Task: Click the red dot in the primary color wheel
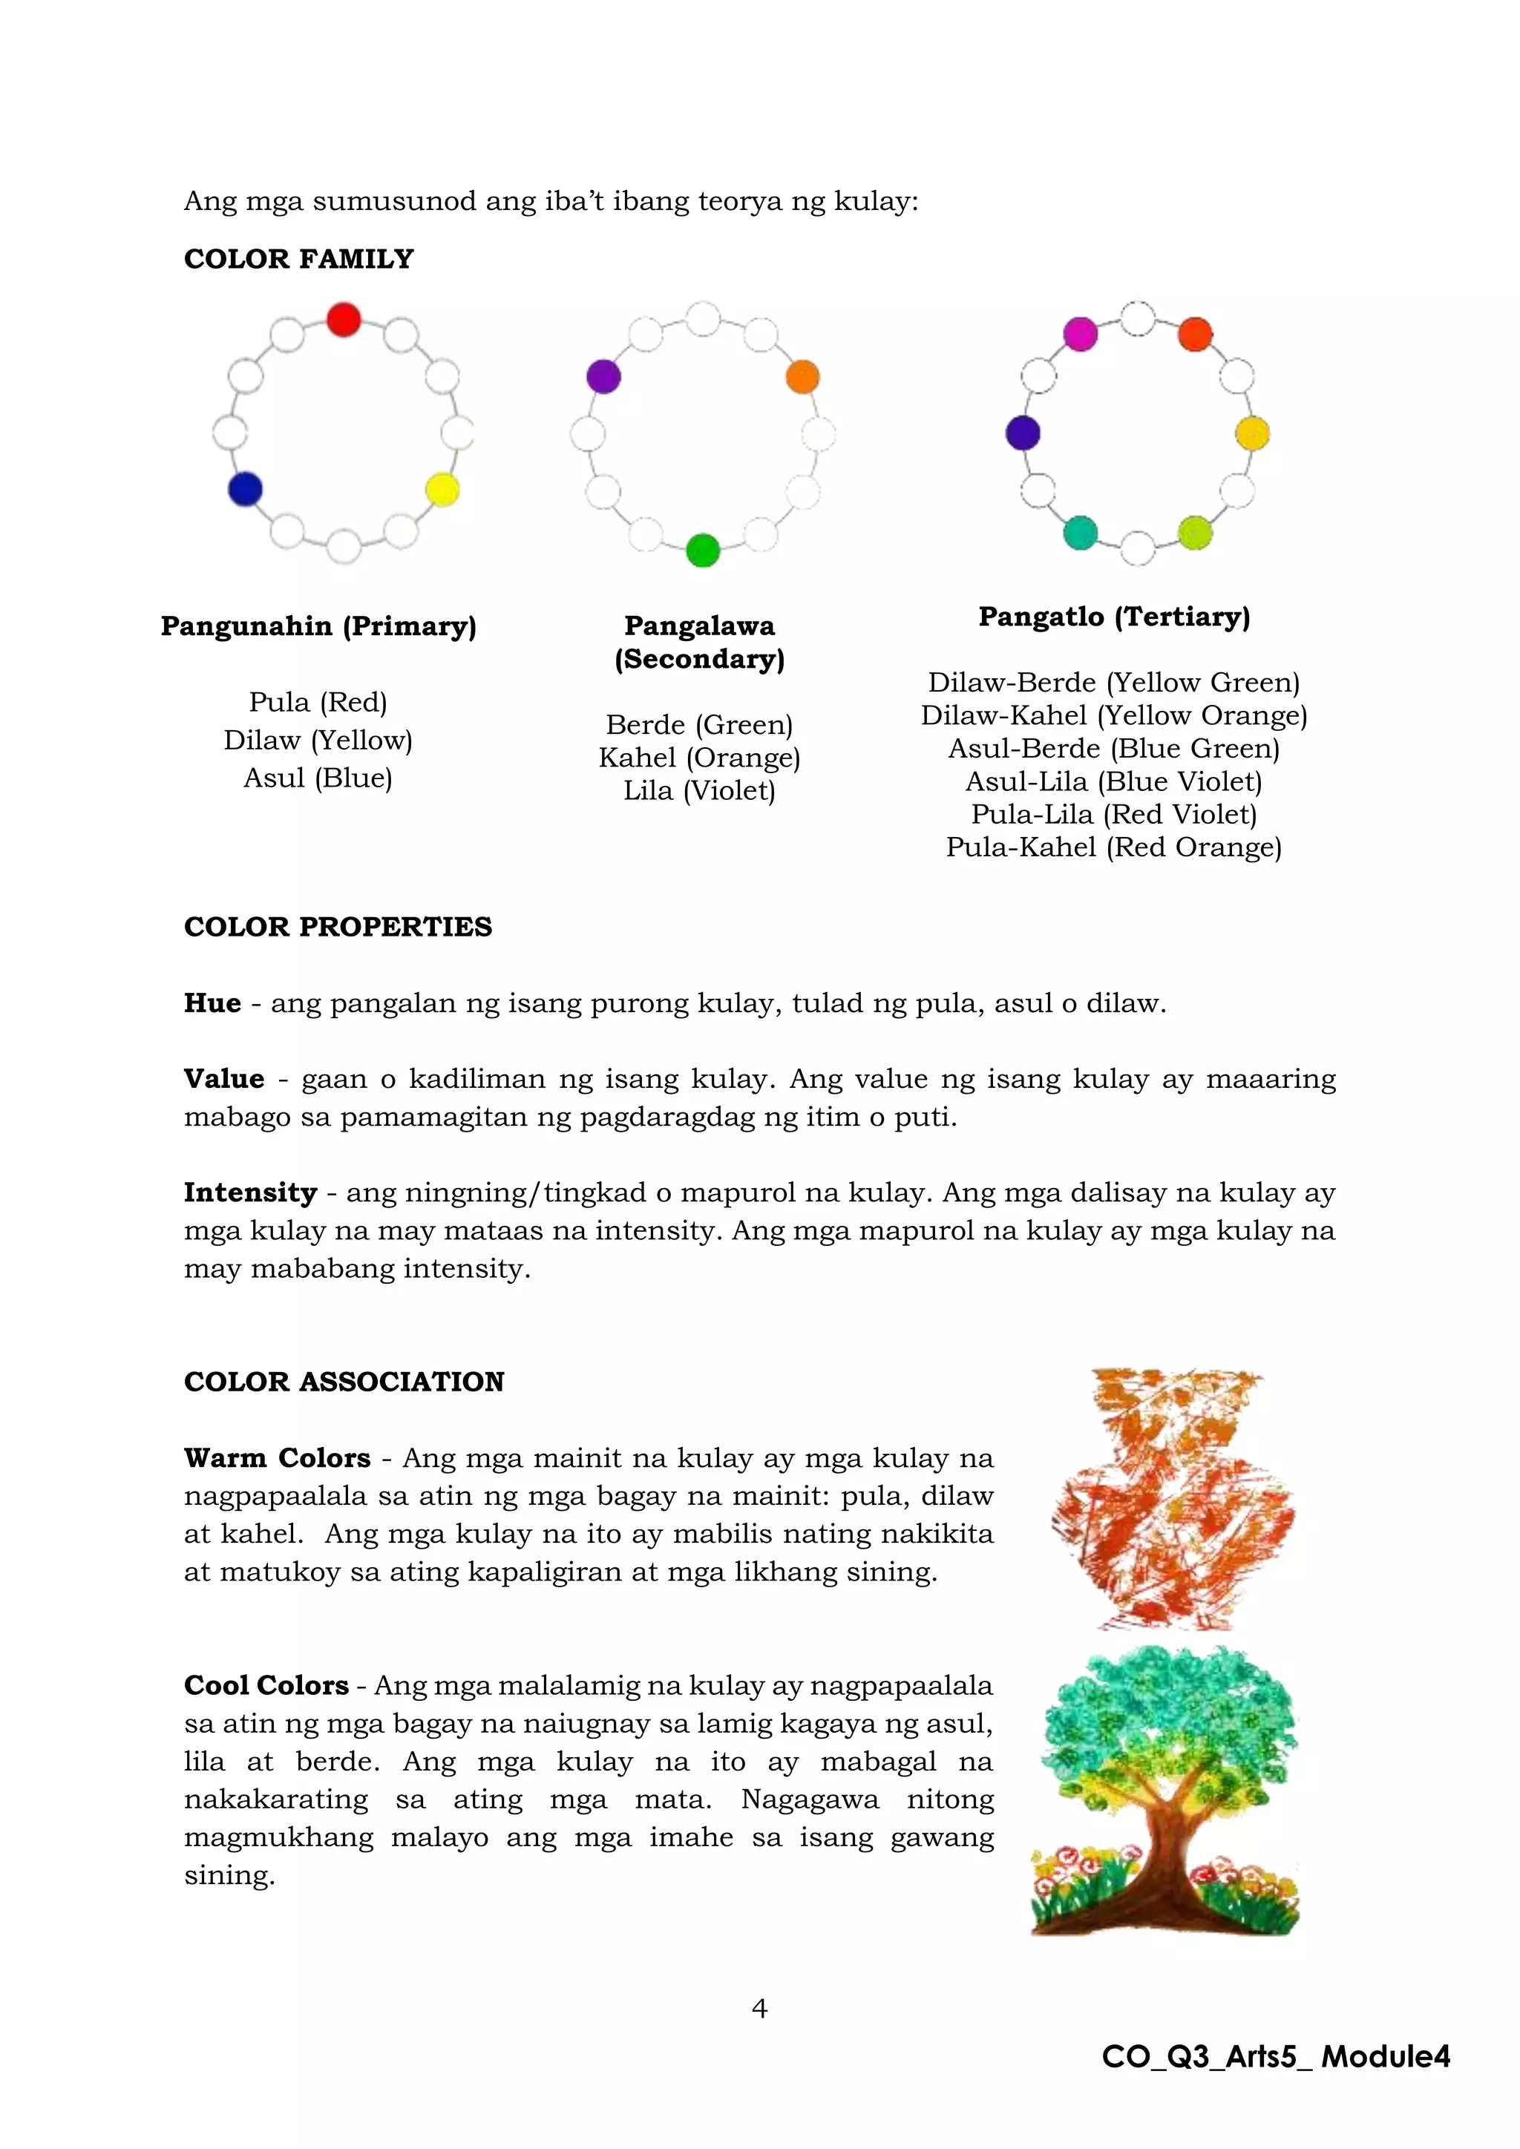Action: tap(344, 319)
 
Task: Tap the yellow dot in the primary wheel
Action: tap(442, 488)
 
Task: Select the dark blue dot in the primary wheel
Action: tap(245, 488)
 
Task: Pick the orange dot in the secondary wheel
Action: tap(802, 376)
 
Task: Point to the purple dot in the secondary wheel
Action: tap(603, 376)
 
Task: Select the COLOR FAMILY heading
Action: tap(298, 259)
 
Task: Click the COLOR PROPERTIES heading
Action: tap(338, 927)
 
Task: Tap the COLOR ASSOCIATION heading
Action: tap(344, 1382)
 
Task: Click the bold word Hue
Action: tap(212, 1003)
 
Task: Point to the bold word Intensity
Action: tap(250, 1192)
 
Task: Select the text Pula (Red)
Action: tap(318, 702)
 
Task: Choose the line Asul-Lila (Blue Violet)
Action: tap(1114, 781)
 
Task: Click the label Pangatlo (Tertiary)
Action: tap(1114, 617)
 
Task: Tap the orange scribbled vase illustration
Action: tap(1172, 1500)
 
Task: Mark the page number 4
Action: tap(759, 2009)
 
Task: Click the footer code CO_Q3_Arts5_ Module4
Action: tap(1276, 2056)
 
